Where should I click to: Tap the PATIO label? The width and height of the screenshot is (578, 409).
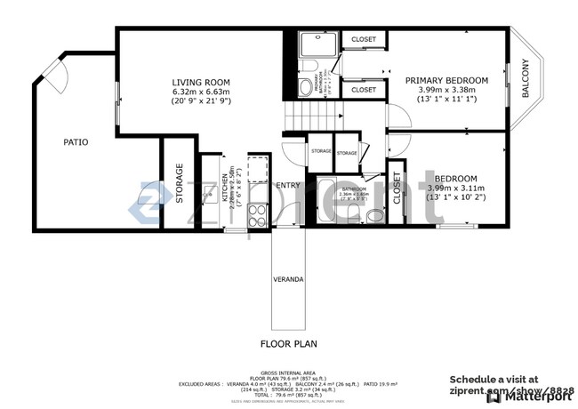[75, 141]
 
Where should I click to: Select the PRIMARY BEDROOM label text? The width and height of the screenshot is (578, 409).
[446, 80]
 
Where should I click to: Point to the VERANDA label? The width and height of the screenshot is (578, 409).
[288, 279]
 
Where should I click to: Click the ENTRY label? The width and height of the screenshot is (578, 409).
[288, 185]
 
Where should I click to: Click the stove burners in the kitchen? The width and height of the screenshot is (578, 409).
[256, 214]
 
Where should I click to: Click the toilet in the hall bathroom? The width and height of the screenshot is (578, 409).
[375, 214]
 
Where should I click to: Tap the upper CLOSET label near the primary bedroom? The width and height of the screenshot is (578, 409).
[363, 40]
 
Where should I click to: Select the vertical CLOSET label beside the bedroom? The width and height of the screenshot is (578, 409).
[397, 188]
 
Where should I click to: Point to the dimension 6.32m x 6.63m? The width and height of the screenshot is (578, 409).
[201, 91]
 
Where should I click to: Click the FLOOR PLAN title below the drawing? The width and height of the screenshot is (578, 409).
[288, 342]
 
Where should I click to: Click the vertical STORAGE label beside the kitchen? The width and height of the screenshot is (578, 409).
[179, 182]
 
